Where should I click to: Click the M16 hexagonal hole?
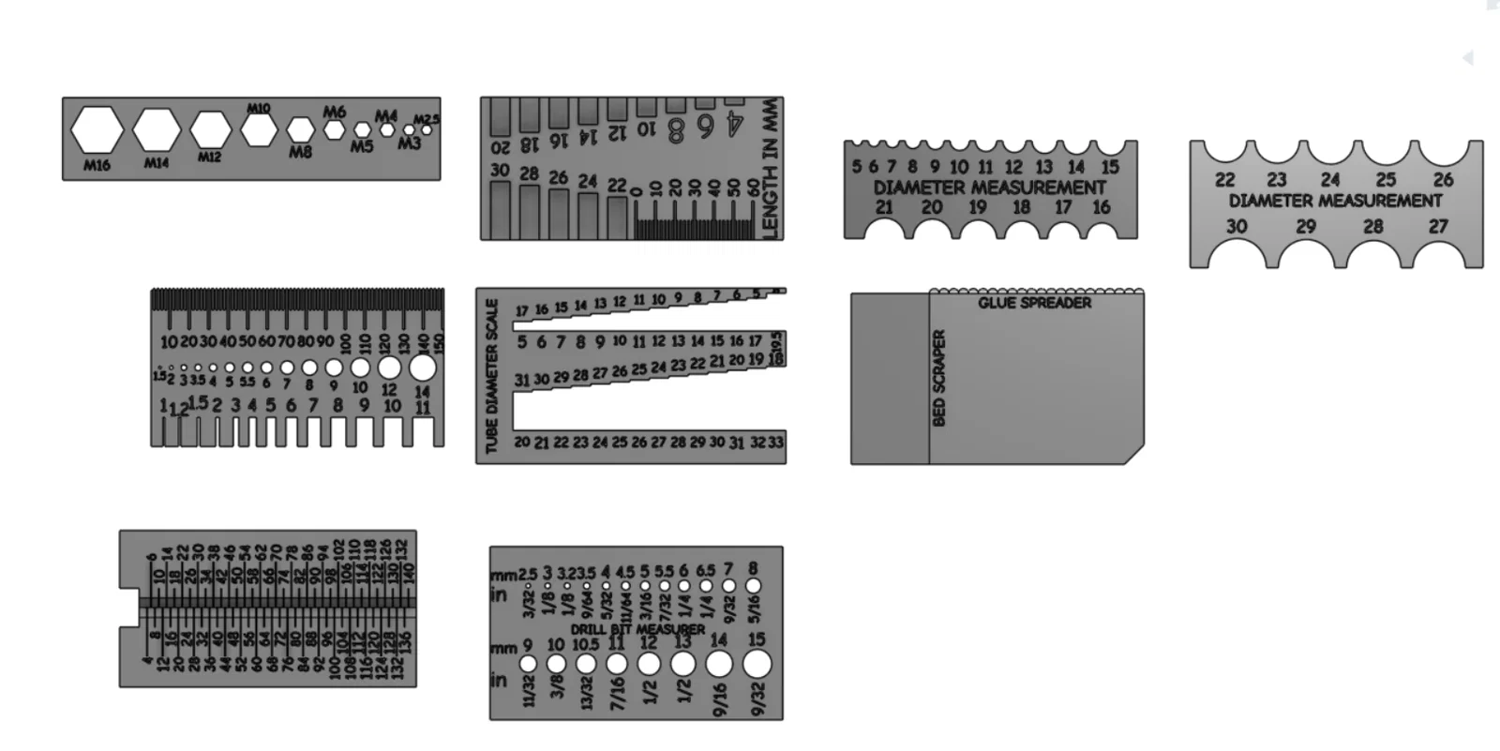[x=97, y=130]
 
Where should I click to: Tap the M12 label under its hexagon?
[x=209, y=157]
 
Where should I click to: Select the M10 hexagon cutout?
[x=258, y=129]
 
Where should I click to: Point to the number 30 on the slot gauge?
[x=500, y=171]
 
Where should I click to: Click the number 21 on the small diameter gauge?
[x=884, y=207]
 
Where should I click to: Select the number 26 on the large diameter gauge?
[x=1443, y=179]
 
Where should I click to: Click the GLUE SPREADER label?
[x=1034, y=303]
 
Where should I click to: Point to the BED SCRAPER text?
[x=939, y=378]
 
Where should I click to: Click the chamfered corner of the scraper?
[x=1134, y=455]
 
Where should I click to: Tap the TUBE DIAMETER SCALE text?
[x=492, y=376]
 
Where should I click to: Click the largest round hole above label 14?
[x=422, y=367]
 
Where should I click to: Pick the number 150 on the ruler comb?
[x=439, y=343]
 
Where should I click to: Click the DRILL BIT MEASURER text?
[x=637, y=629]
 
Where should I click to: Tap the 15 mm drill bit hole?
[x=757, y=664]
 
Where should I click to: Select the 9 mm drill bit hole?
[x=528, y=664]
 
